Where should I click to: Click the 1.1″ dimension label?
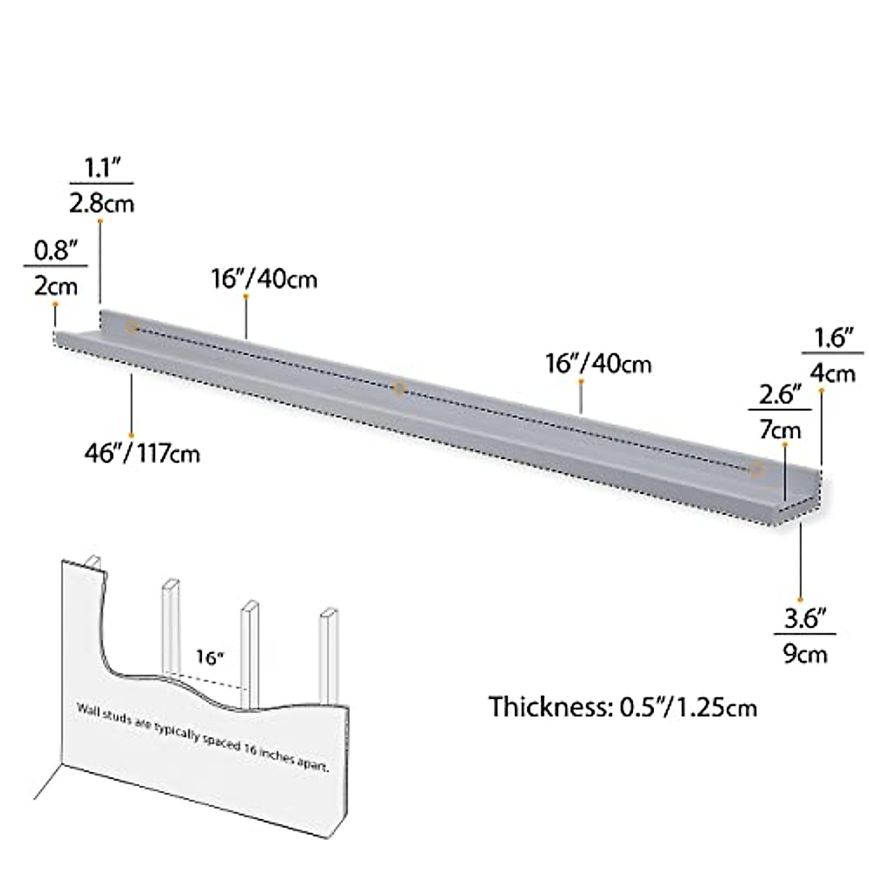click(x=101, y=169)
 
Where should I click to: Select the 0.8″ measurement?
click(x=56, y=251)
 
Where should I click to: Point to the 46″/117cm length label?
click(x=142, y=454)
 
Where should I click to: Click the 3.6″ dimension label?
click(x=806, y=620)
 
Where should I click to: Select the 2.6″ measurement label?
click(x=779, y=396)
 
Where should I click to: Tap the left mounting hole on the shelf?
click(x=132, y=327)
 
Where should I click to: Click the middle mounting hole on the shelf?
click(x=399, y=390)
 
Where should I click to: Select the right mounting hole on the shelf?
click(x=757, y=470)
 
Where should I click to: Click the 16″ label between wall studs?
click(x=210, y=658)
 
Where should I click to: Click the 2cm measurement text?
click(x=55, y=285)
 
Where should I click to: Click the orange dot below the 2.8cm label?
click(x=100, y=220)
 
